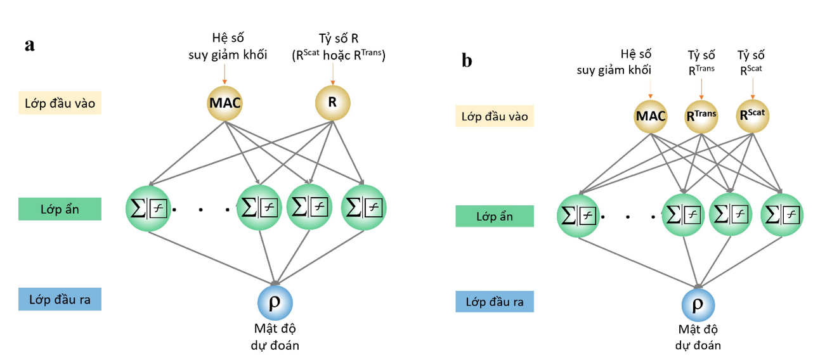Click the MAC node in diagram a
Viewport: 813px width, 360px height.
point(224,103)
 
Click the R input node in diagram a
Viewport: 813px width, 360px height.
point(333,103)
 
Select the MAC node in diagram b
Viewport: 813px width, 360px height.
point(651,117)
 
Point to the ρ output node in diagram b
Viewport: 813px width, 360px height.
point(698,305)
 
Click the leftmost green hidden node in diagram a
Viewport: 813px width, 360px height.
point(149,207)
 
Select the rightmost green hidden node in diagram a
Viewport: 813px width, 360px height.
point(364,207)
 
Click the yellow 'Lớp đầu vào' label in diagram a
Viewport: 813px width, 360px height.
point(60,103)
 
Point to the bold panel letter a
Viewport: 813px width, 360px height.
point(29,46)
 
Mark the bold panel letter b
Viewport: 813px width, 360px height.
point(467,61)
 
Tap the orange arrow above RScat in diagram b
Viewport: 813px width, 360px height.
point(751,87)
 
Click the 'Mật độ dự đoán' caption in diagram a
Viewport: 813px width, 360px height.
point(275,337)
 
